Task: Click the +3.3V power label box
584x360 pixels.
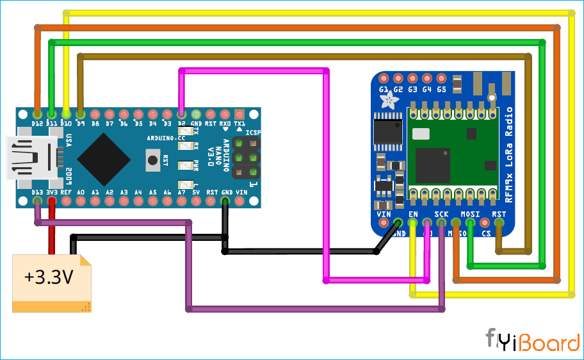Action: pyautogui.click(x=51, y=282)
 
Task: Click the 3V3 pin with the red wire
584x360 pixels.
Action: pyautogui.click(x=52, y=201)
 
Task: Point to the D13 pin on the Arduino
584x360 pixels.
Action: pyautogui.click(x=38, y=201)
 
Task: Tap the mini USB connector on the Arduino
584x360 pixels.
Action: pyautogui.click(x=29, y=158)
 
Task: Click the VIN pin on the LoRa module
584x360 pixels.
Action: pyautogui.click(x=384, y=223)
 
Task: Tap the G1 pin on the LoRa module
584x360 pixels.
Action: pyautogui.click(x=384, y=78)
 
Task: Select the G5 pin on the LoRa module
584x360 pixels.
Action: pyautogui.click(x=441, y=78)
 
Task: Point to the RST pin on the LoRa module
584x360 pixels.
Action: pyautogui.click(x=498, y=223)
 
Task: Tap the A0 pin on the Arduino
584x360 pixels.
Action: pyautogui.click(x=81, y=201)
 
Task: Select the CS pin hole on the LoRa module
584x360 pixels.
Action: pyautogui.click(x=484, y=223)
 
